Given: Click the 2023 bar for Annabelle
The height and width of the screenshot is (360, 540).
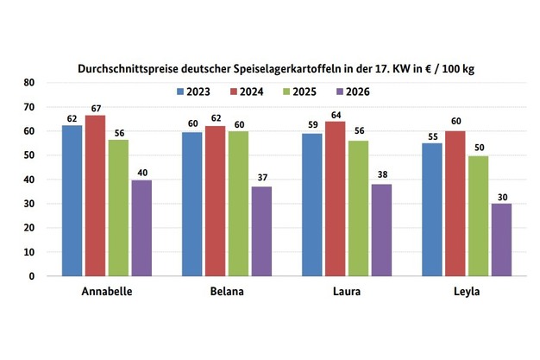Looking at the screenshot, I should pyautogui.click(x=72, y=200).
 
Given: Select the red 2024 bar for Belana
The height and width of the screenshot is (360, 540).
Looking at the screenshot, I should pyautogui.click(x=217, y=200).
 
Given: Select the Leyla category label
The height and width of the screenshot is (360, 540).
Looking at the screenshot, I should pyautogui.click(x=465, y=292).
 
